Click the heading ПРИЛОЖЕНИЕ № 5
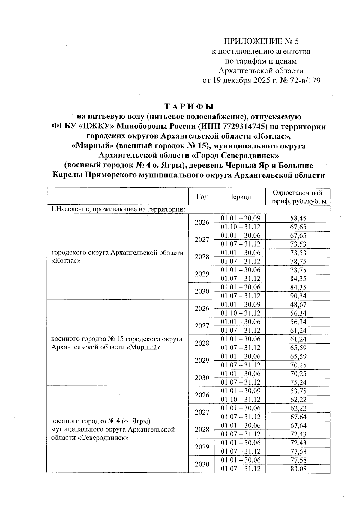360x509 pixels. [261, 41]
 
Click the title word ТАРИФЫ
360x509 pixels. [189, 107]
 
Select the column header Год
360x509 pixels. [202, 196]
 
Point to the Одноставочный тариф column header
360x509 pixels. [298, 196]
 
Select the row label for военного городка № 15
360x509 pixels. [117, 343]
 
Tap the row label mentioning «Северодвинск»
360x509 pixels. [113, 430]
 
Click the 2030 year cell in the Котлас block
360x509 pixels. [202, 291]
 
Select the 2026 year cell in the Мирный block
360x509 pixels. [202, 309]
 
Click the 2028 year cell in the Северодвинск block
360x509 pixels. [202, 430]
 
